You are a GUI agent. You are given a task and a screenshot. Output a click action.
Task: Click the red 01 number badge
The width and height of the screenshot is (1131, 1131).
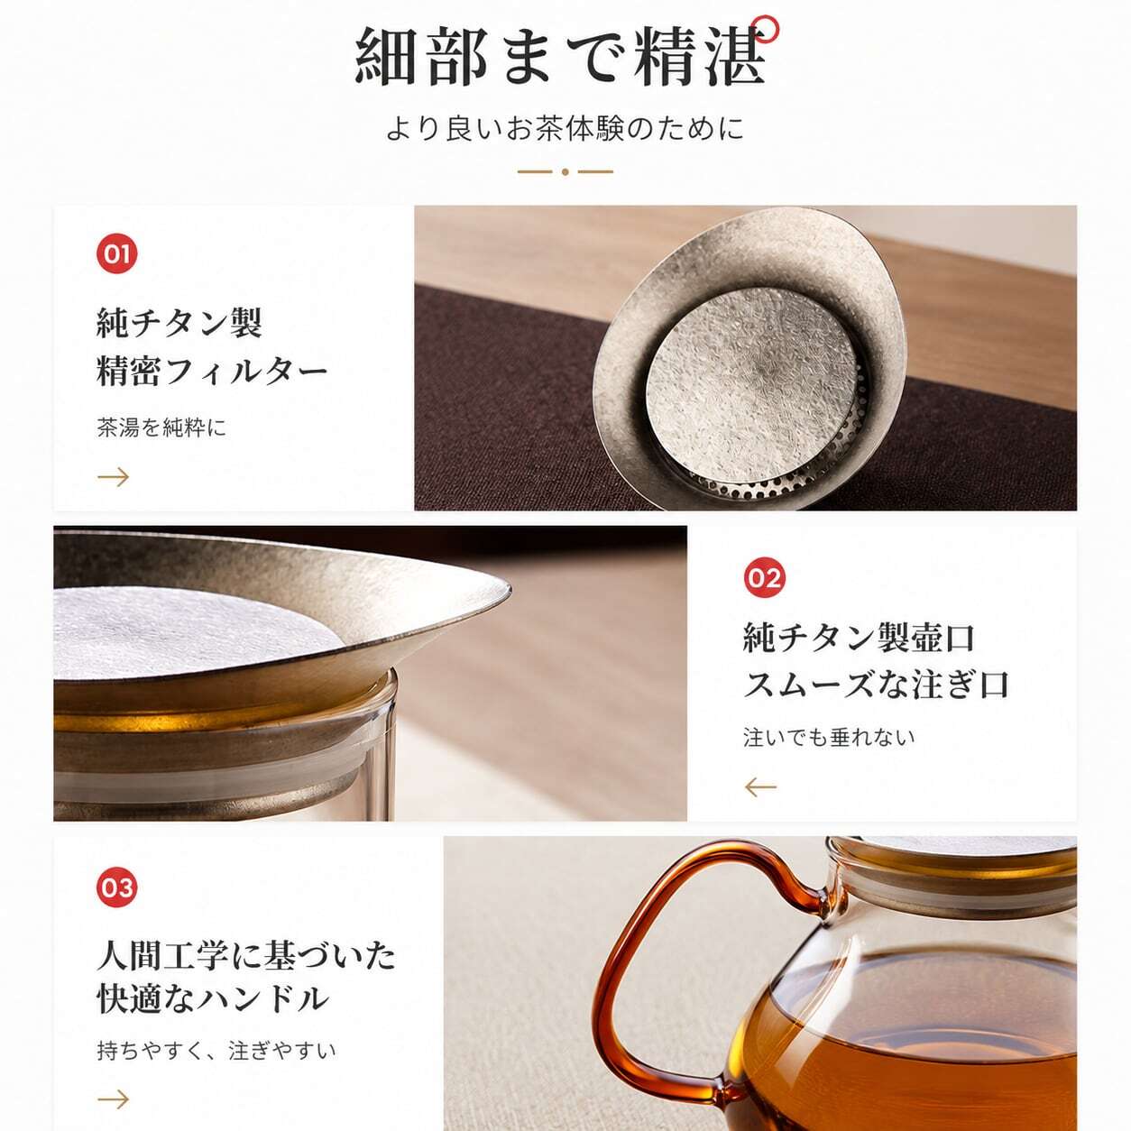[x=116, y=253]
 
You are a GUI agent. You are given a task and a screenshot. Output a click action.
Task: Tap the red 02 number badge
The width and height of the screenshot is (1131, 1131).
[x=764, y=578]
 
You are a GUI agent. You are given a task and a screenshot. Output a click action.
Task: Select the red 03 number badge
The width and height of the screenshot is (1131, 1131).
[x=116, y=887]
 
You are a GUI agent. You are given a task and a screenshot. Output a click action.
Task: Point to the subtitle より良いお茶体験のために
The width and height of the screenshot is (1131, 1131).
[x=565, y=128]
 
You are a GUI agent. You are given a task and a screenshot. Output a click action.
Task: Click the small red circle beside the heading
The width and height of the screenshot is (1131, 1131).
[x=768, y=29]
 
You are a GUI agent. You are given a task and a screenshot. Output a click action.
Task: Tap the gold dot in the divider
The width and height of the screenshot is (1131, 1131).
[x=565, y=172]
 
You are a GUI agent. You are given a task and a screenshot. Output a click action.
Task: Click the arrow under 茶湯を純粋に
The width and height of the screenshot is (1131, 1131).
[x=114, y=476]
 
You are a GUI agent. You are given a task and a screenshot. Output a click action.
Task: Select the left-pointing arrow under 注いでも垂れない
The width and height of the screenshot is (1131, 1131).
[x=760, y=786]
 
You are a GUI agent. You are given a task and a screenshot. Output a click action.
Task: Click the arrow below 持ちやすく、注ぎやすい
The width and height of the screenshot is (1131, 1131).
[x=114, y=1099]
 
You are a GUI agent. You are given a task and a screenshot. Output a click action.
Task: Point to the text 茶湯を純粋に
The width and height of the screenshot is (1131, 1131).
[x=161, y=427]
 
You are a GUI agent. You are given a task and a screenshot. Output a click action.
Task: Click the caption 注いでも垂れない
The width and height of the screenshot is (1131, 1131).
[x=829, y=737]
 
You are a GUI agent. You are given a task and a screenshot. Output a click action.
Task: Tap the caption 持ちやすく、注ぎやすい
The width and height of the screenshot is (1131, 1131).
[x=216, y=1050]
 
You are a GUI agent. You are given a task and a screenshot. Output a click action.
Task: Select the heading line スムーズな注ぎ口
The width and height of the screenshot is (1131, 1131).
[x=876, y=684]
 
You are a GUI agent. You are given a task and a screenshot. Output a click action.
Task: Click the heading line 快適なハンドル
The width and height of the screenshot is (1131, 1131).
[x=213, y=998]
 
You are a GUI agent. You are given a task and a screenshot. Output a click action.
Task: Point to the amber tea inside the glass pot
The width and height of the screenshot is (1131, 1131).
[x=915, y=1056]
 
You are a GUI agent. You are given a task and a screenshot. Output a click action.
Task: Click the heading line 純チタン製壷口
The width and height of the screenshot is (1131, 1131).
[x=859, y=637]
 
